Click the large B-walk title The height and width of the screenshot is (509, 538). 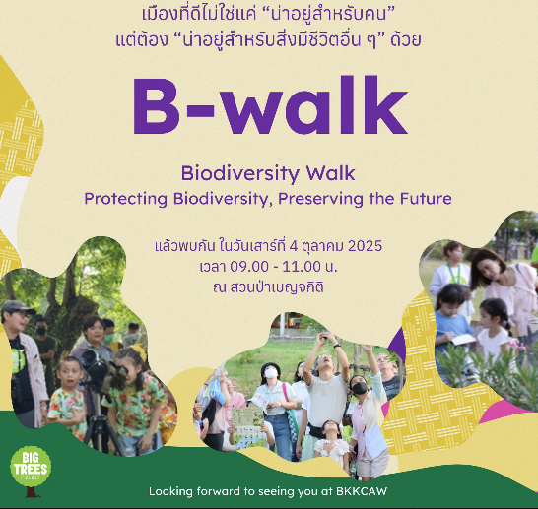point(270,105)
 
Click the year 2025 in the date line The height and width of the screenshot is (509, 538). point(365,246)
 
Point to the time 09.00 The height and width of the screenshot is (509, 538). point(249,267)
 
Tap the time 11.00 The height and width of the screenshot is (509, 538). point(302,267)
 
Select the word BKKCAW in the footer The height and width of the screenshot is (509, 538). point(362,491)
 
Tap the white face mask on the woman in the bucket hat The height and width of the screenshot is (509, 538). point(271,373)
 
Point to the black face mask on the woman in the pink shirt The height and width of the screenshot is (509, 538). point(360,388)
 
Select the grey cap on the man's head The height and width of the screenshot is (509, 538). point(16,307)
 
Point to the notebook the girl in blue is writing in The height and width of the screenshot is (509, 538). point(463,340)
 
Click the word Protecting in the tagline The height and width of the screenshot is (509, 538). point(126,199)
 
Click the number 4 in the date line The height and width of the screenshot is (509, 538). point(294,246)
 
